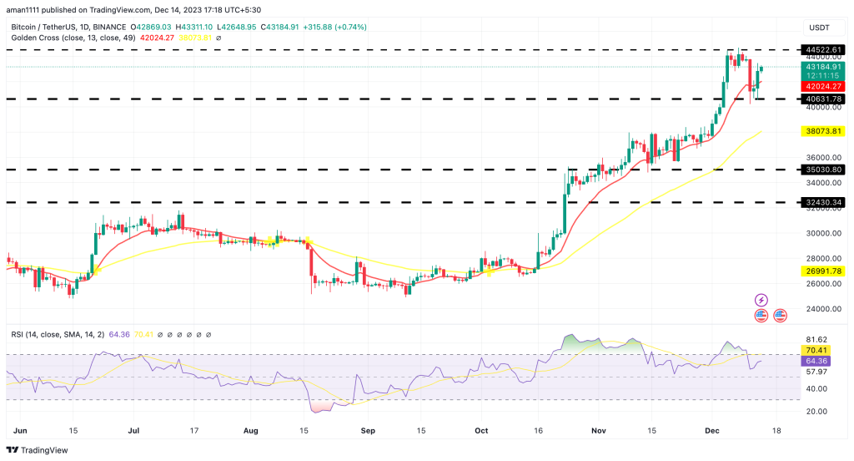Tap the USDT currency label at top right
coord(819,28)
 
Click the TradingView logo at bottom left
coord(38,449)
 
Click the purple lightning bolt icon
coord(761,299)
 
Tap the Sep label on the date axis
coord(364,430)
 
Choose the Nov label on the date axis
coord(597,430)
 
